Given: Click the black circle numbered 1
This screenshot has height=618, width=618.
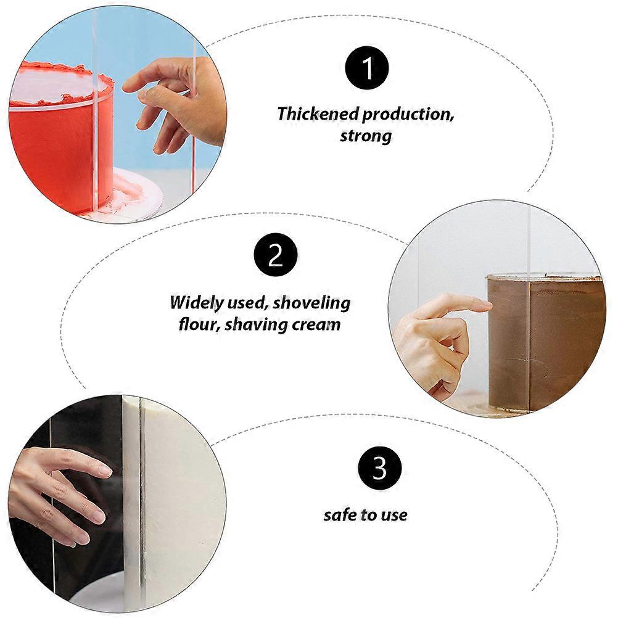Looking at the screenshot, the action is pos(366,68).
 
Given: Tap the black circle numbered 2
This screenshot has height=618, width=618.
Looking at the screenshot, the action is pos(276,255).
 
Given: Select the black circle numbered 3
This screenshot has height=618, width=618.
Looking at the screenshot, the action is pos(379,468).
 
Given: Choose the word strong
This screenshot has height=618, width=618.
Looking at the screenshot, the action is pos(366,136).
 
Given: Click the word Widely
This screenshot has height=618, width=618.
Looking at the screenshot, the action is pos(197,303).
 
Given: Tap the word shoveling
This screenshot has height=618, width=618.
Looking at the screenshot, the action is pos(311,303).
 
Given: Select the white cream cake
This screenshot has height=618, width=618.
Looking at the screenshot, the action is pos(173,501).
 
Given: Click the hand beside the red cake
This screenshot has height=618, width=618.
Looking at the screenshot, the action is pos(178,102).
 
